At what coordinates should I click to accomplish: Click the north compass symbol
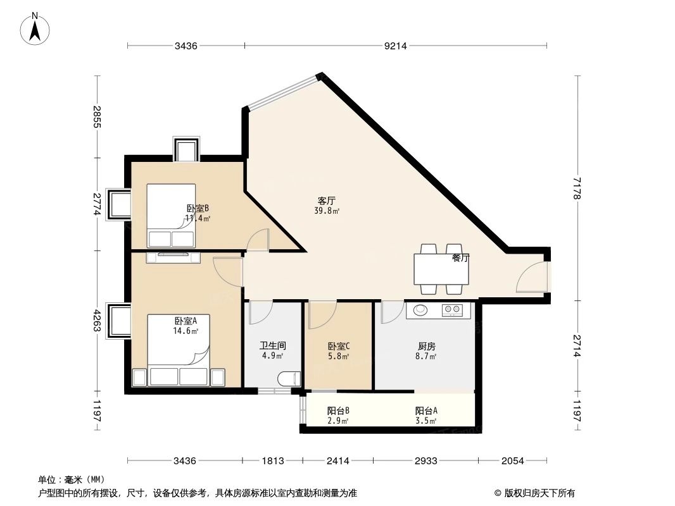pyautogui.click(x=36, y=28)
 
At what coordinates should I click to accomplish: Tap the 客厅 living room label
pyautogui.click(x=326, y=201)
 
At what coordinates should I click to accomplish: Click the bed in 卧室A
pyautogui.click(x=178, y=351)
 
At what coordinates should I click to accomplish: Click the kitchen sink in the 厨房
pyautogui.click(x=420, y=310)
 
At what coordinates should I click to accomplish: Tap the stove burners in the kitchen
pyautogui.click(x=453, y=310)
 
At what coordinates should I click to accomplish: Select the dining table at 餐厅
pyautogui.click(x=441, y=269)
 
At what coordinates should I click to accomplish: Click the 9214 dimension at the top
pyautogui.click(x=396, y=46)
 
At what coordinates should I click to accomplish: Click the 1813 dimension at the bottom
pyautogui.click(x=274, y=461)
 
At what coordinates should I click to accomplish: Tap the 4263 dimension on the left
pyautogui.click(x=97, y=321)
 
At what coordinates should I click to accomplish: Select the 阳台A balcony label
pyautogui.click(x=426, y=410)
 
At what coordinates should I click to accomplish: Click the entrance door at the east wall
pyautogui.click(x=532, y=277)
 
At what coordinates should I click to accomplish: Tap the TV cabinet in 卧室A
pyautogui.click(x=173, y=257)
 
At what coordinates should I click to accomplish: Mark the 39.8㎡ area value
pyautogui.click(x=327, y=211)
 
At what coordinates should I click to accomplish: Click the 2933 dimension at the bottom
pyautogui.click(x=426, y=461)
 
